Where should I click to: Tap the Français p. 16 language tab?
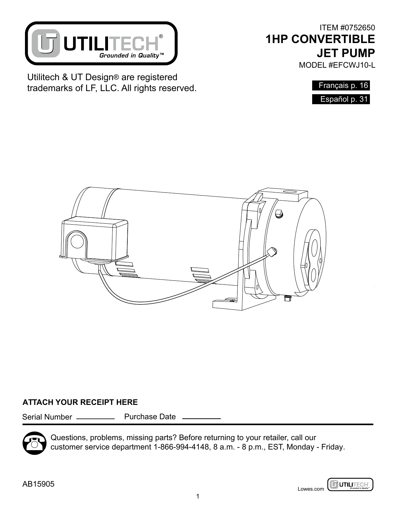point(341,85)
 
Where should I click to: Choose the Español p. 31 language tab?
point(341,100)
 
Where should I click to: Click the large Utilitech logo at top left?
point(101,43)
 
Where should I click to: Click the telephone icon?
point(34,443)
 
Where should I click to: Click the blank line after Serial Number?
point(96,418)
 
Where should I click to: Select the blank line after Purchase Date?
point(201,418)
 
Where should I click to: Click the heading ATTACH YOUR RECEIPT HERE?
point(80,402)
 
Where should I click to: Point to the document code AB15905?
point(38,484)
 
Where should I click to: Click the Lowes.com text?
point(311,489)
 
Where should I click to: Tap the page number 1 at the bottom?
point(198,496)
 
